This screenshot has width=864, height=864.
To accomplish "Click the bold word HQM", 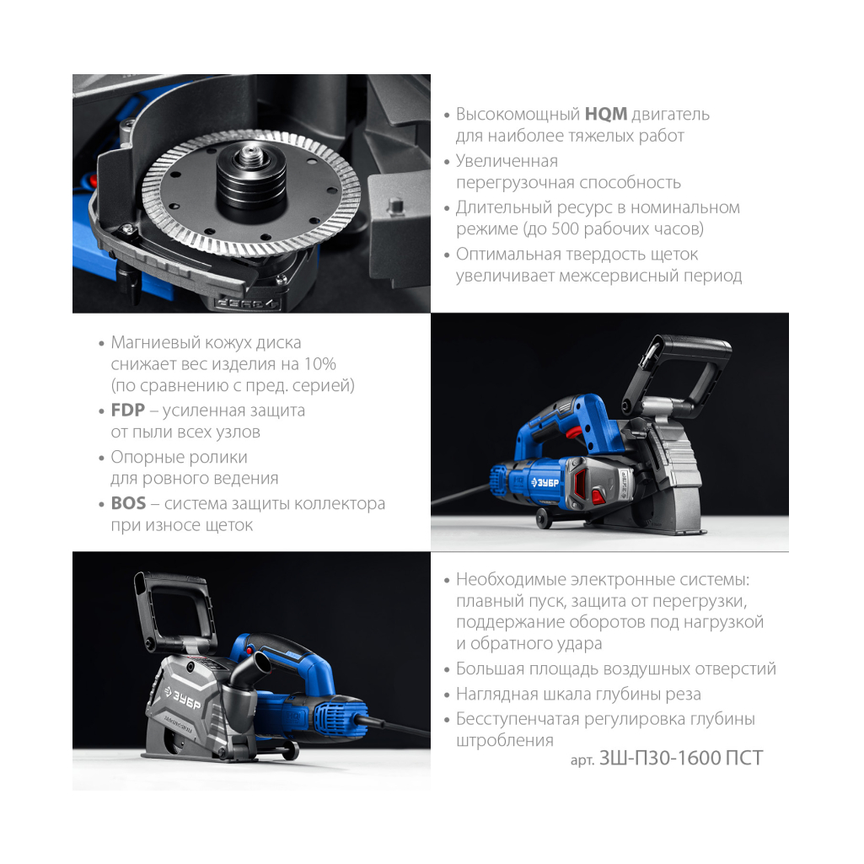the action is pyautogui.click(x=605, y=114).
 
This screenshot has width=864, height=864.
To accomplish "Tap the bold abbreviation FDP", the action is pyautogui.click(x=128, y=411).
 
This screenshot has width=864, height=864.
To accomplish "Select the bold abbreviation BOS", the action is pyautogui.click(x=128, y=503).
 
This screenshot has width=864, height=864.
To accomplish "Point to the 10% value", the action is pyautogui.click(x=320, y=364).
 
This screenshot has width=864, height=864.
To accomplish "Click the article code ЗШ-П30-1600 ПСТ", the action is pyautogui.click(x=680, y=758).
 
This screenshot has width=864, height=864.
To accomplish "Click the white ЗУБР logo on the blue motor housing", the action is pyautogui.click(x=545, y=483).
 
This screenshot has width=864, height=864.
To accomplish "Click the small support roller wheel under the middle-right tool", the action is pyautogui.click(x=544, y=519).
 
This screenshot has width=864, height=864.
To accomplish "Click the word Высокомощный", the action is pyautogui.click(x=518, y=115).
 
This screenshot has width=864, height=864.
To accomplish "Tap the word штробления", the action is pyautogui.click(x=504, y=741).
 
